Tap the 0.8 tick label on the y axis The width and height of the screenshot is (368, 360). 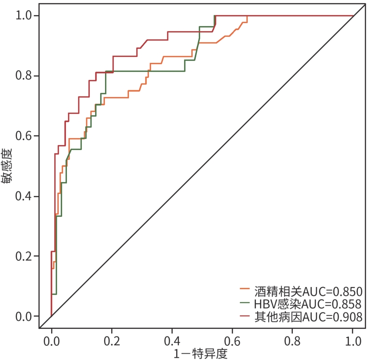tap(24, 76)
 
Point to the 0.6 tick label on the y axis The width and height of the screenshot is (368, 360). tap(24, 136)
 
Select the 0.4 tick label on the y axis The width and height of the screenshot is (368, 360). tap(24, 196)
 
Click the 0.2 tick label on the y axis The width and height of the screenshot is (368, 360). tap(24, 256)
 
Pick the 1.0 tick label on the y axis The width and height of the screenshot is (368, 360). tap(24, 16)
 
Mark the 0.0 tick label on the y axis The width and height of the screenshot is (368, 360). tap(24, 316)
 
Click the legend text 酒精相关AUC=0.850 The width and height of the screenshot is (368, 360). tap(308, 292)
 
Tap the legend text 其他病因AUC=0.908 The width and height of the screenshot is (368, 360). tap(308, 317)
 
